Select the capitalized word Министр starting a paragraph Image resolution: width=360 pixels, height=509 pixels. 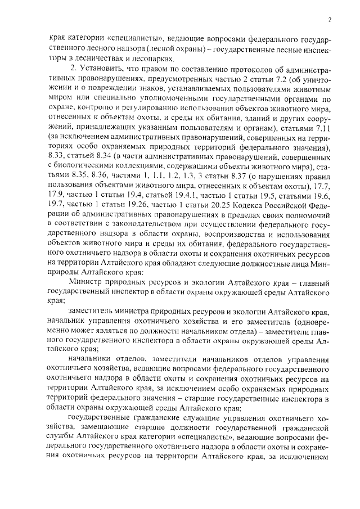point(84,281)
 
